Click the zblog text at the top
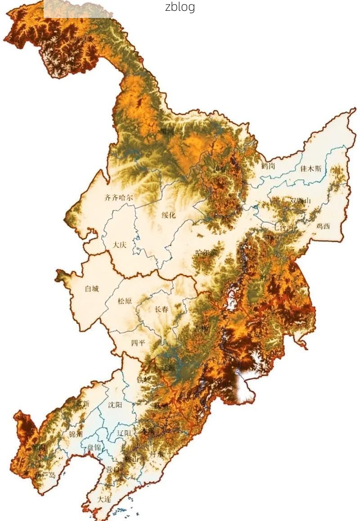pos(180,7)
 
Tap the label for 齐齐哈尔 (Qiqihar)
pos(119,197)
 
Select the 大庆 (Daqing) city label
pos(120,245)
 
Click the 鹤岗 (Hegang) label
pos(268,166)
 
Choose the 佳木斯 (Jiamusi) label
pos(311,169)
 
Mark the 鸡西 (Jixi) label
pos(323,226)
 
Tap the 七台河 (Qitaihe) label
pos(283,228)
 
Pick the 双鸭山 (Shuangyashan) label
pos(301,200)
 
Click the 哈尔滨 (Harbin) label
pos(207,253)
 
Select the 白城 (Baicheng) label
pos(92,289)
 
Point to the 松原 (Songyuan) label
pos(125,301)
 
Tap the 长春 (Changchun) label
pos(162,309)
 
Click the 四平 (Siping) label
pos(139,343)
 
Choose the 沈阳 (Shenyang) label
pos(115,404)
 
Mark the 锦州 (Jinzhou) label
pos(76,434)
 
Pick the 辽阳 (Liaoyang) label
pos(124,433)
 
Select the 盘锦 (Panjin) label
pos(94,447)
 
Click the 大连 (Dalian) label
pos(104,499)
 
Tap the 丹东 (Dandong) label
pos(157,454)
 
